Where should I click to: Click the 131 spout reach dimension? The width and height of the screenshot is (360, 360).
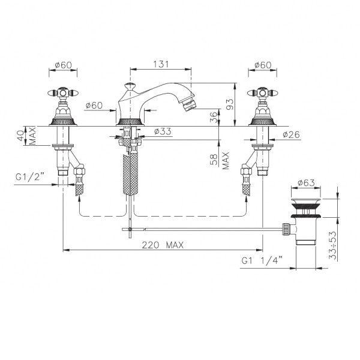click(161, 64)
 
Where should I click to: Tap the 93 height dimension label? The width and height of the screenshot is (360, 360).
click(230, 104)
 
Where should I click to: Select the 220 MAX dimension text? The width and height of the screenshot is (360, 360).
click(163, 245)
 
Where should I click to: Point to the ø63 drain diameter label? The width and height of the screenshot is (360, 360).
click(306, 183)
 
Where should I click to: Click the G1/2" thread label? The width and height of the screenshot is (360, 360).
click(29, 177)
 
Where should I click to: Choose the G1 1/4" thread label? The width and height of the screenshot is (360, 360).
click(262, 261)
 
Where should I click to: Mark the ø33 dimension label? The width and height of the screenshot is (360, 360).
click(163, 131)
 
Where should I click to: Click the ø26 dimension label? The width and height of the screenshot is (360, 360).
click(292, 134)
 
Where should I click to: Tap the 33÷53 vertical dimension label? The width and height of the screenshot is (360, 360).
click(332, 245)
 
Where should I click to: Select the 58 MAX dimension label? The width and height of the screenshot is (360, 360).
click(220, 160)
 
